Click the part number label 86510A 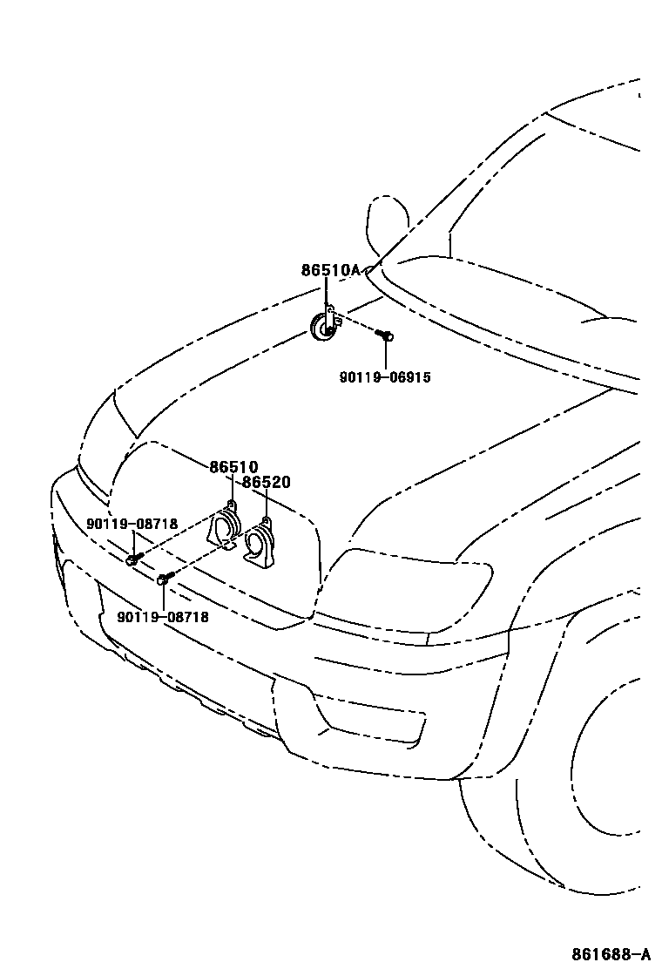[x=330, y=270]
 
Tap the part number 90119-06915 [x=385, y=377]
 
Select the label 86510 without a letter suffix [x=233, y=467]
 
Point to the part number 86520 [x=266, y=482]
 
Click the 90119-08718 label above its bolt [x=132, y=524]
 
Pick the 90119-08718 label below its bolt [x=163, y=616]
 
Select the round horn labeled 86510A [x=323, y=329]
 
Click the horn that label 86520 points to [x=259, y=545]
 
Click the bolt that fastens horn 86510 [x=133, y=558]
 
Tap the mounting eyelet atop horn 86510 [x=230, y=505]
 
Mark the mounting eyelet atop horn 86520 [x=265, y=521]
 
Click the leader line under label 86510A [x=326, y=294]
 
